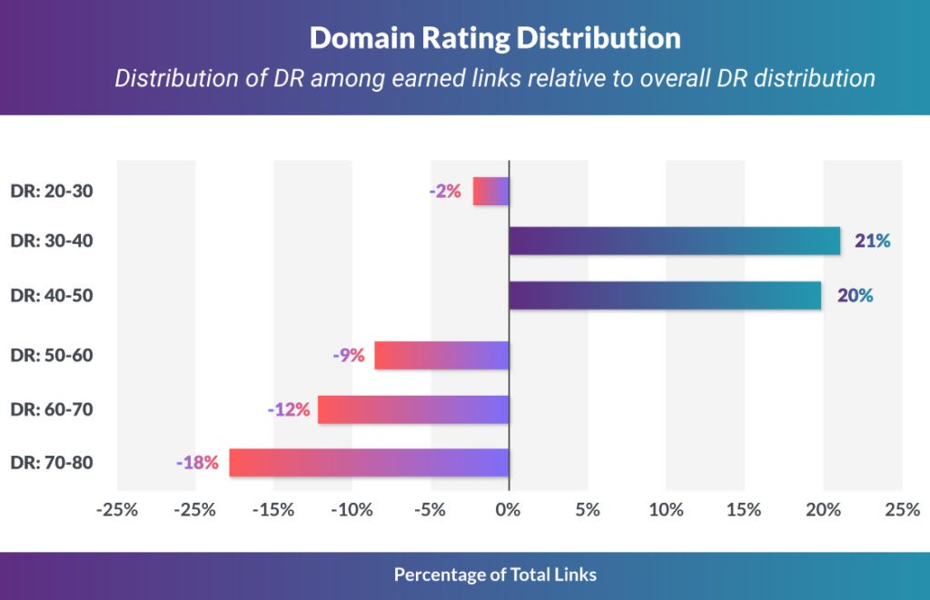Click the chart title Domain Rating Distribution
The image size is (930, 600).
tap(495, 38)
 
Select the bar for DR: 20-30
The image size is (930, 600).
tap(491, 192)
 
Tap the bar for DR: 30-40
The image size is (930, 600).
tap(674, 241)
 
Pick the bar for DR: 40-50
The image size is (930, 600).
tap(665, 295)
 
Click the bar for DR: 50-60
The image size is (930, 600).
tap(442, 355)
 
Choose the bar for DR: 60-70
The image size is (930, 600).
tap(413, 409)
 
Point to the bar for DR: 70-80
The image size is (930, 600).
tap(370, 462)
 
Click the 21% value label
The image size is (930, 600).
tap(873, 241)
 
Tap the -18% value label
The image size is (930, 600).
tap(198, 462)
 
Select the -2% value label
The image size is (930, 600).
tap(446, 192)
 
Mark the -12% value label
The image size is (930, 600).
tap(289, 409)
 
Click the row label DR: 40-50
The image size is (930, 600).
tap(52, 295)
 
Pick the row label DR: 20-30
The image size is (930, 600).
tap(52, 192)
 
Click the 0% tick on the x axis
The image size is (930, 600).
tap(509, 510)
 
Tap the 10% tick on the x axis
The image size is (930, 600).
tap(666, 510)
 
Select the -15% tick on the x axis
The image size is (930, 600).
tap(273, 510)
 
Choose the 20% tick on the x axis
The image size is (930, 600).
tap(823, 510)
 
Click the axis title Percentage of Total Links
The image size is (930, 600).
tap(495, 575)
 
